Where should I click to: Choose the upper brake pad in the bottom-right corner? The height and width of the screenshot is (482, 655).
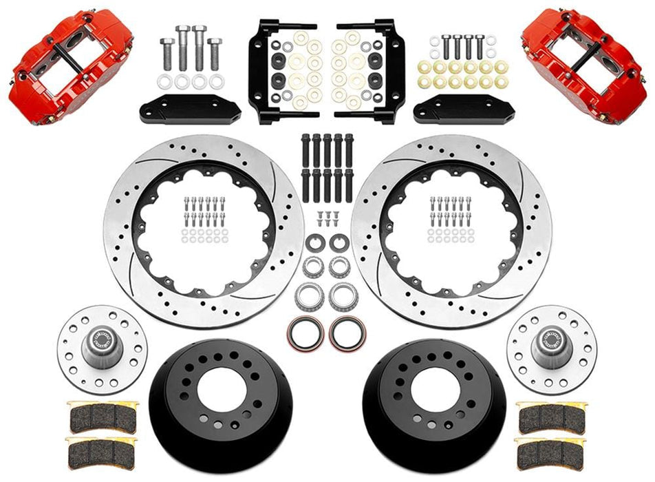click(552, 415)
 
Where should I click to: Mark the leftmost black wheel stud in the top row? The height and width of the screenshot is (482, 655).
click(305, 148)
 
